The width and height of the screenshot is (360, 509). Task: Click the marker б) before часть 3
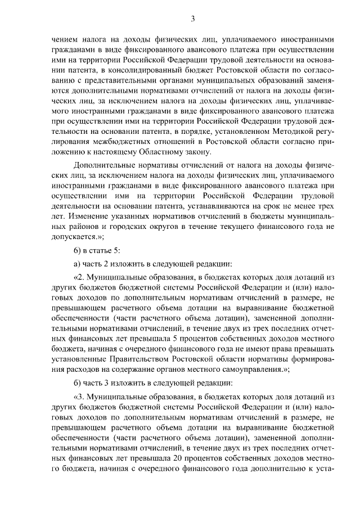click(x=79, y=383)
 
